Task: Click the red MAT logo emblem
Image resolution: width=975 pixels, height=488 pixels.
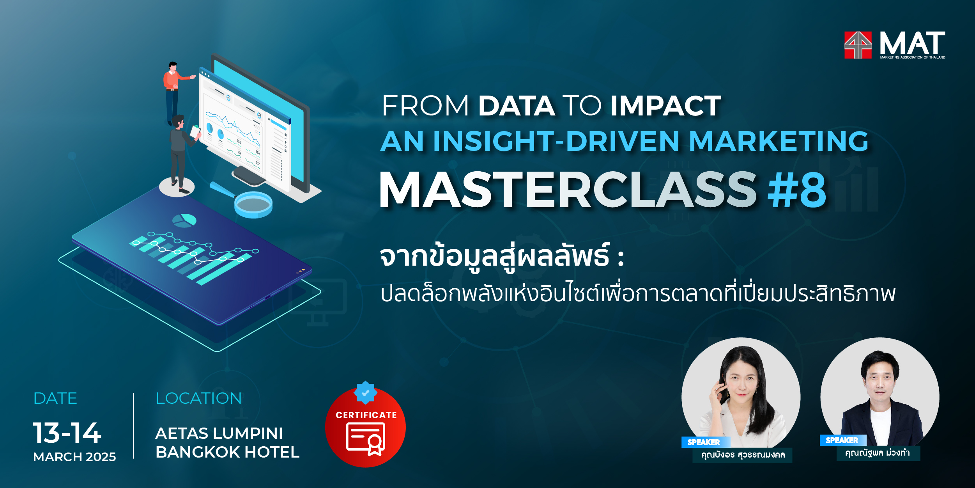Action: point(858,45)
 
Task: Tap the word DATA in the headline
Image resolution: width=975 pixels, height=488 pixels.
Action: point(517,106)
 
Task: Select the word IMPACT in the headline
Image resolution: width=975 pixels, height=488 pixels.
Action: point(666,106)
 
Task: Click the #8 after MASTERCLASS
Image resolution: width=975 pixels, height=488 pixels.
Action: point(796,190)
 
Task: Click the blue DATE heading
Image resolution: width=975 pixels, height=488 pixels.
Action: point(55,398)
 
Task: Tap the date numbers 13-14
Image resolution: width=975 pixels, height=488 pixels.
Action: point(67,433)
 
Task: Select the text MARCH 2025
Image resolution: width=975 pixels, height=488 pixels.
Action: point(74,457)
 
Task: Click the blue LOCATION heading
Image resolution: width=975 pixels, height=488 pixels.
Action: point(199,398)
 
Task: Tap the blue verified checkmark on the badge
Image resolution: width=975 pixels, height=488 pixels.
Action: point(365,393)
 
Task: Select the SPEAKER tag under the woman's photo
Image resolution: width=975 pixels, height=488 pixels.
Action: point(704,442)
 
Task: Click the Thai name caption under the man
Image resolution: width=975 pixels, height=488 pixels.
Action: point(878,453)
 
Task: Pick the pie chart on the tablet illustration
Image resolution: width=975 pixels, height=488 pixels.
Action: point(184,220)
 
